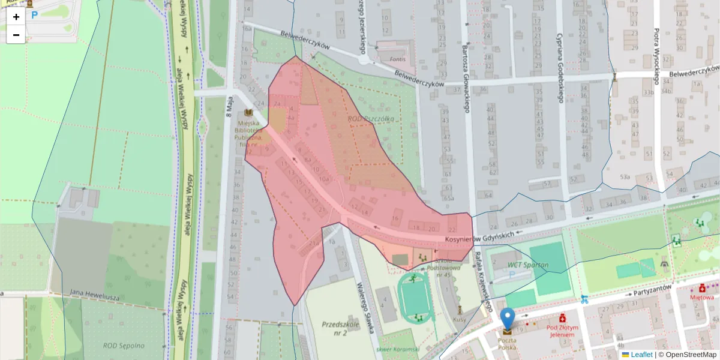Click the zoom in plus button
pos(16,16)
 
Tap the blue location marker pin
pos(508,319)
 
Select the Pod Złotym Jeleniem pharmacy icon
pos(562,317)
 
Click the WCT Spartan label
pos(528,265)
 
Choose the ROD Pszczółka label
pos(371,119)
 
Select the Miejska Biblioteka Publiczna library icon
pos(248,113)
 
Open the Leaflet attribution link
pos(641,355)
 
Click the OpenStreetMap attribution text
pos(687,355)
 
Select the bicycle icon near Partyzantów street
pos(584,298)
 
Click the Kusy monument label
pos(460,319)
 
